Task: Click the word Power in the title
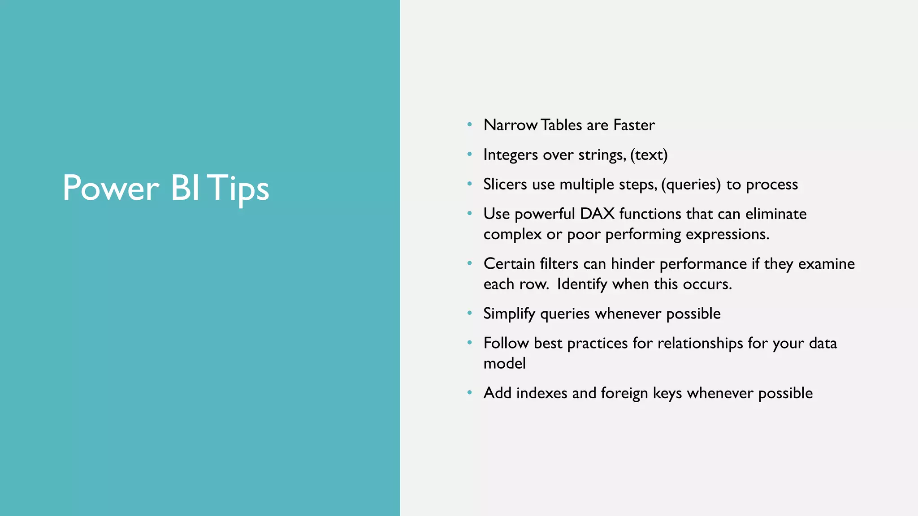[111, 188]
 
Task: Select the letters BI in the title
[185, 188]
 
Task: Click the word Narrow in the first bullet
[510, 125]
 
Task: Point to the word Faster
[634, 125]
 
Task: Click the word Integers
[510, 155]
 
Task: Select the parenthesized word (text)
[649, 155]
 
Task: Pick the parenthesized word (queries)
[691, 185]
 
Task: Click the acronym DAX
[597, 214]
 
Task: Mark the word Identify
[582, 284]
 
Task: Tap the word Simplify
[509, 314]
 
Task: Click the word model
[504, 363]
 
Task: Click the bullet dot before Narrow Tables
[469, 125]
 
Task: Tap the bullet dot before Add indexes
[469, 393]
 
